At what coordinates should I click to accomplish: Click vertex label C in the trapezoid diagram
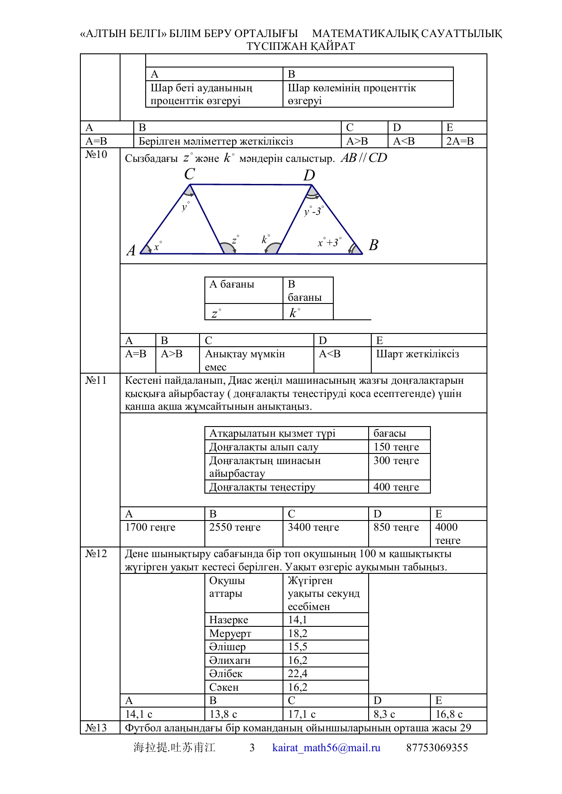click(189, 174)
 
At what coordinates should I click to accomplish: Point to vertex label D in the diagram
click(309, 176)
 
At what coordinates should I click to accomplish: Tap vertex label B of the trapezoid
click(373, 245)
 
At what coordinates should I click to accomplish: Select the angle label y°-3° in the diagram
click(314, 211)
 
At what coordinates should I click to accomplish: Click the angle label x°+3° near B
click(329, 242)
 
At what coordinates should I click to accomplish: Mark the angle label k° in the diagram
click(266, 240)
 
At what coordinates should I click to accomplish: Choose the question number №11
click(96, 380)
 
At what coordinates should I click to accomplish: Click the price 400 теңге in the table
click(396, 487)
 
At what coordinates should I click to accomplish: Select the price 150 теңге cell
click(396, 447)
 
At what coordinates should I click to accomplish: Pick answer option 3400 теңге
click(313, 527)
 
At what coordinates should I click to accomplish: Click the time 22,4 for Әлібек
click(298, 674)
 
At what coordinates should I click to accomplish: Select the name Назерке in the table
click(229, 620)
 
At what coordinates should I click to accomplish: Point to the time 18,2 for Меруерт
click(298, 633)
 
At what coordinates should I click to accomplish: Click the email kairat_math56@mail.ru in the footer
click(326, 748)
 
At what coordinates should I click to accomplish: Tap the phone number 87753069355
click(437, 748)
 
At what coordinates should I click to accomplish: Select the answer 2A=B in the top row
click(460, 141)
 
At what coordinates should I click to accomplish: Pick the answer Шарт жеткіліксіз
click(418, 354)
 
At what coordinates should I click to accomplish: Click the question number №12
click(96, 554)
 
